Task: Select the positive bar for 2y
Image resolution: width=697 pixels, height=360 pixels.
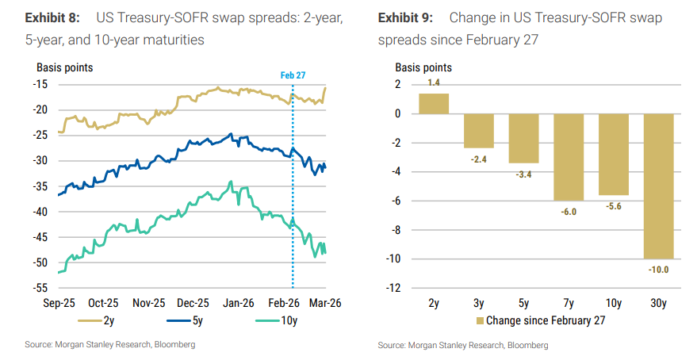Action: pyautogui.click(x=434, y=104)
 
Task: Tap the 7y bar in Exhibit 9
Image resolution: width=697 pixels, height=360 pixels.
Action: pyautogui.click(x=569, y=157)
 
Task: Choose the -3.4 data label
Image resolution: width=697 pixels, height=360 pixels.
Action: pyautogui.click(x=524, y=174)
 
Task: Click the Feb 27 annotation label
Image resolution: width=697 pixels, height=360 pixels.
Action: pyautogui.click(x=293, y=75)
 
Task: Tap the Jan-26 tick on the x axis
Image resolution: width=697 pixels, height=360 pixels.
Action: pyautogui.click(x=238, y=302)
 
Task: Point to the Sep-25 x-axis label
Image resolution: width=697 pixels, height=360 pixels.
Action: pyautogui.click(x=60, y=302)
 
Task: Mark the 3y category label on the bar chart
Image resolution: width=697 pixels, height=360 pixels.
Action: pyautogui.click(x=479, y=302)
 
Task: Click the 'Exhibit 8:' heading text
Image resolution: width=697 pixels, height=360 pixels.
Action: pyautogui.click(x=55, y=17)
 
